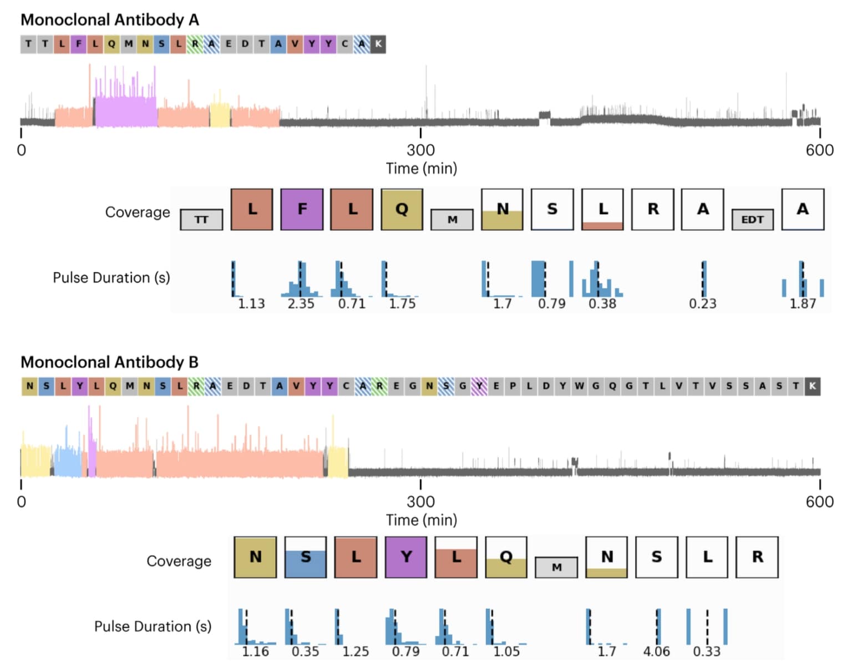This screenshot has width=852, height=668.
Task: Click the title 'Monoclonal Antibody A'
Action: click(x=110, y=20)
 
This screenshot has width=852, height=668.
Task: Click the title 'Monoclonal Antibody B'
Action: click(x=110, y=362)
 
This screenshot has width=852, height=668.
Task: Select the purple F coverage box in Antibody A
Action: click(x=302, y=209)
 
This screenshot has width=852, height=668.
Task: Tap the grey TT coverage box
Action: click(x=201, y=220)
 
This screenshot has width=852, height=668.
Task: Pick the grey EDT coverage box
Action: click(x=752, y=220)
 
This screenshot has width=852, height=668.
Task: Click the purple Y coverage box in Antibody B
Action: click(x=406, y=557)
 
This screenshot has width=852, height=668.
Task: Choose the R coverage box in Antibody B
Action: click(x=757, y=557)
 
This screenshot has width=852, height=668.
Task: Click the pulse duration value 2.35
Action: click(x=301, y=304)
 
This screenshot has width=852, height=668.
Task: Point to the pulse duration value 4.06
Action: click(x=656, y=651)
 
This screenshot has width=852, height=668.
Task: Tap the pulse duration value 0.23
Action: click(x=702, y=304)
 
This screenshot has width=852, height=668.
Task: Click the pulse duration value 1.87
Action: click(x=803, y=304)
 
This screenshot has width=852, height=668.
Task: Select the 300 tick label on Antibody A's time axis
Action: click(x=420, y=150)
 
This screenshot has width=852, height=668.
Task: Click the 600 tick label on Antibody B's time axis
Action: click(x=819, y=502)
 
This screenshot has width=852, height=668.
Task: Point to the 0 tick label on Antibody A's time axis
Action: click(x=21, y=150)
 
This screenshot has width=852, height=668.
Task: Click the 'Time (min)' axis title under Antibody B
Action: click(x=422, y=520)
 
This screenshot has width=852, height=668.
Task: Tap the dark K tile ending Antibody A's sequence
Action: click(x=378, y=44)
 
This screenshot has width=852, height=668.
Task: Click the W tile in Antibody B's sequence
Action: click(x=579, y=386)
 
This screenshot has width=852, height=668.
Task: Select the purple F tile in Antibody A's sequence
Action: click(x=79, y=44)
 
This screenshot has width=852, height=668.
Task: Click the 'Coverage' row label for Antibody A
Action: click(x=138, y=212)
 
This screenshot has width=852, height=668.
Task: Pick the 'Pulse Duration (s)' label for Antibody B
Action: click(x=153, y=627)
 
